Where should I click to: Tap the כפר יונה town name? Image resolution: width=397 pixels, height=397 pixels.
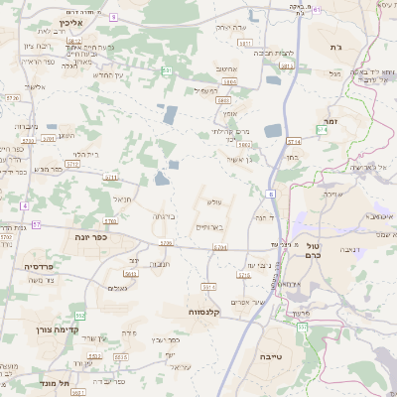click(89, 237)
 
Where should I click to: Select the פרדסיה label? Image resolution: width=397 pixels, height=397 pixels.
click(44, 267)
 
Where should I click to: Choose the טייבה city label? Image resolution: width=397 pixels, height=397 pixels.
click(269, 354)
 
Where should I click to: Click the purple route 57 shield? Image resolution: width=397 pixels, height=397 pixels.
click(37, 225)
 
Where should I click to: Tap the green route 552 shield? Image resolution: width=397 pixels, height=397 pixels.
click(80, 315)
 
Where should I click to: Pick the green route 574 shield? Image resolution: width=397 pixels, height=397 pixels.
click(293, 142)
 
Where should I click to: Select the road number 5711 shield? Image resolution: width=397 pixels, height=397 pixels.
click(111, 179)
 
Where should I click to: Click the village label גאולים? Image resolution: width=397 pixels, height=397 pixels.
click(116, 287)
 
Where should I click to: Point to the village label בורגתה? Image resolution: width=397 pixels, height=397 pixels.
click(165, 215)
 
